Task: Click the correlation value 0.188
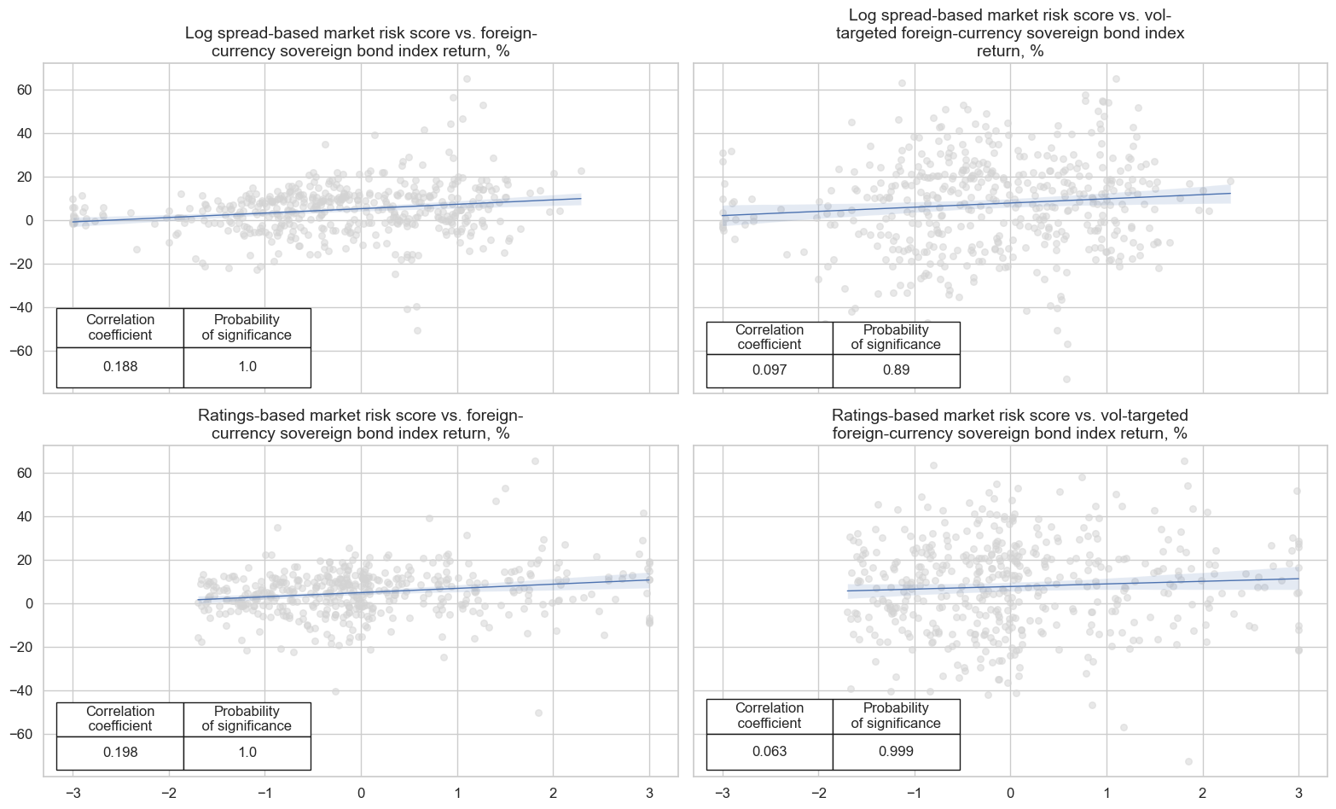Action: [120, 367]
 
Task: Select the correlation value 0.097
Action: [770, 370]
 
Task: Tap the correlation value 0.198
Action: [120, 753]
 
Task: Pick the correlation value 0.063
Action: [770, 752]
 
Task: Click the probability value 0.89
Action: [896, 370]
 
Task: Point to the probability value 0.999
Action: [896, 752]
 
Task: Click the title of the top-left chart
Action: [361, 43]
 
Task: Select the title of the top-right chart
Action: [1010, 33]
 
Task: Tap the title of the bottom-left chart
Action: [361, 424]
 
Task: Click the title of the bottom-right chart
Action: [1010, 424]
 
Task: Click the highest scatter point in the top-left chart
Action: [467, 79]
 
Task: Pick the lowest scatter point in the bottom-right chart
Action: [1188, 761]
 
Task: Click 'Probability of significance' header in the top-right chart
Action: [896, 337]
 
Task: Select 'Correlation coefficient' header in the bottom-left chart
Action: [120, 719]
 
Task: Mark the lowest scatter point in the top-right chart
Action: [1066, 379]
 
